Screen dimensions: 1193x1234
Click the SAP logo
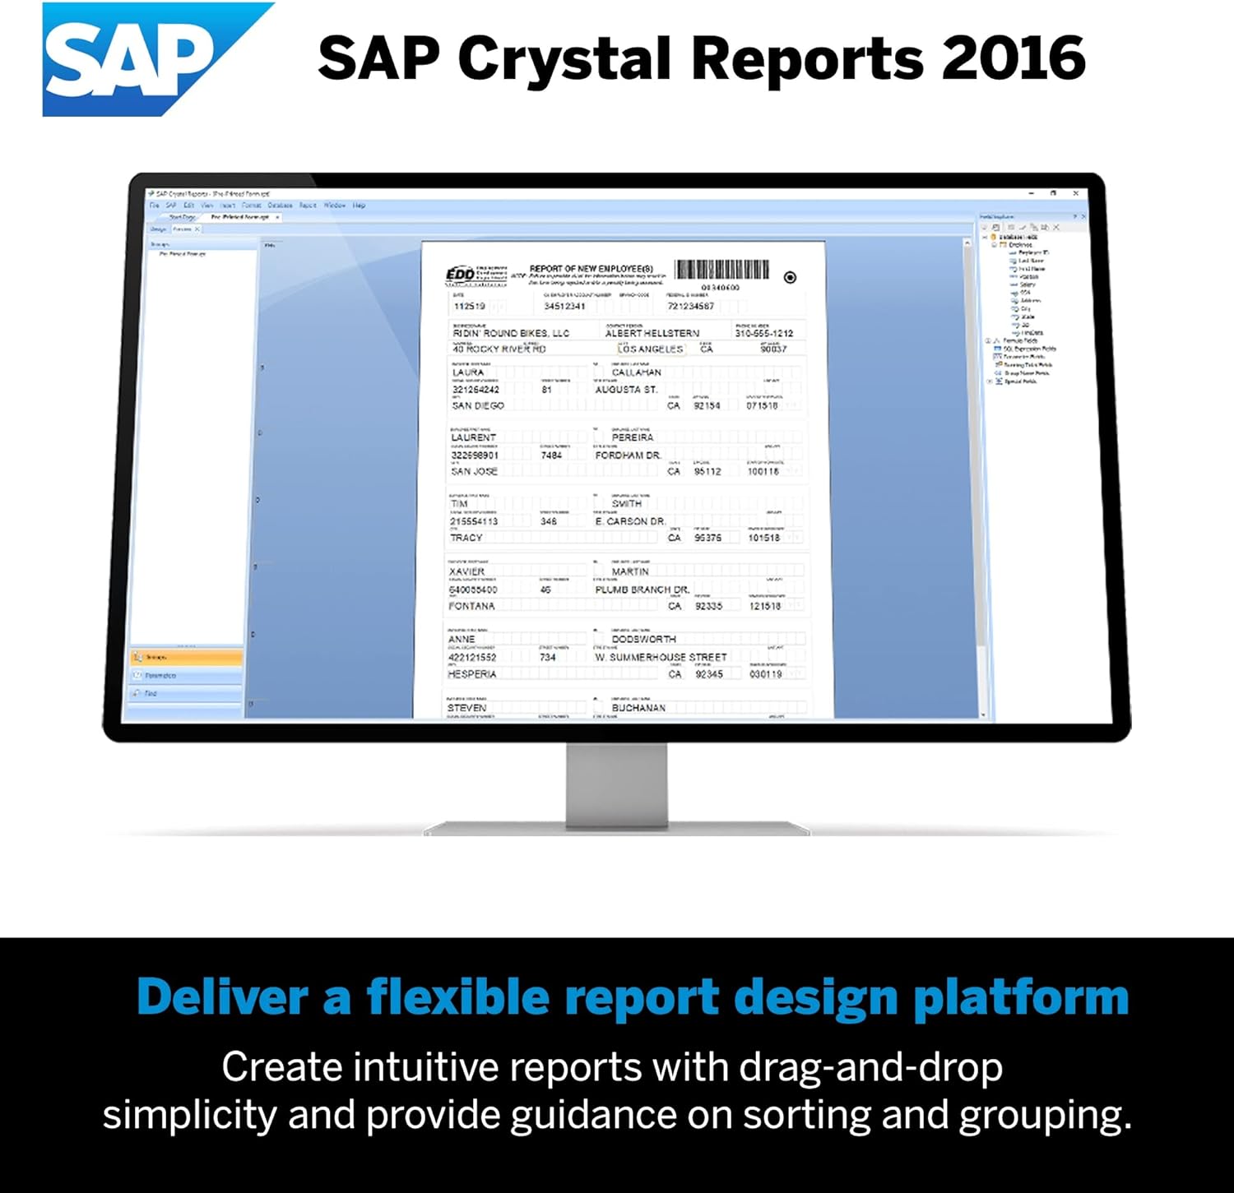pyautogui.click(x=140, y=59)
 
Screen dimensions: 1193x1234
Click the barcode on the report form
pyautogui.click(x=721, y=270)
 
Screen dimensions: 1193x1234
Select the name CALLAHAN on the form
pyautogui.click(x=636, y=372)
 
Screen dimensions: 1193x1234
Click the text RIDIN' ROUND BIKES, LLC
pyautogui.click(x=510, y=333)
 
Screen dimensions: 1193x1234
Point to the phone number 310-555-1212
pyautogui.click(x=763, y=333)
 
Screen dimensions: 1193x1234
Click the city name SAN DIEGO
pyautogui.click(x=477, y=405)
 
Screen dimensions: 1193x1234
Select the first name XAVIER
pyautogui.click(x=466, y=571)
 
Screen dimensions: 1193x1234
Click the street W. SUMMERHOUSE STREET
pyautogui.click(x=661, y=657)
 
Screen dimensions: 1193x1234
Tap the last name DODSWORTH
pyautogui.click(x=643, y=639)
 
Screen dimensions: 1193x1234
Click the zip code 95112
pyautogui.click(x=707, y=471)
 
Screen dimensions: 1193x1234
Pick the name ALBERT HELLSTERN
pyautogui.click(x=652, y=333)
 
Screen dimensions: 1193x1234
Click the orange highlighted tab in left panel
pyautogui.click(x=186, y=657)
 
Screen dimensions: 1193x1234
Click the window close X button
pyautogui.click(x=1076, y=193)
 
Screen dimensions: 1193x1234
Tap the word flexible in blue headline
pyautogui.click(x=457, y=996)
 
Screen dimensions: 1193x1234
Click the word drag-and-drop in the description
pyautogui.click(x=870, y=1067)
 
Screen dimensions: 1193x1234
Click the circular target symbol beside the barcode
pyautogui.click(x=790, y=277)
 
